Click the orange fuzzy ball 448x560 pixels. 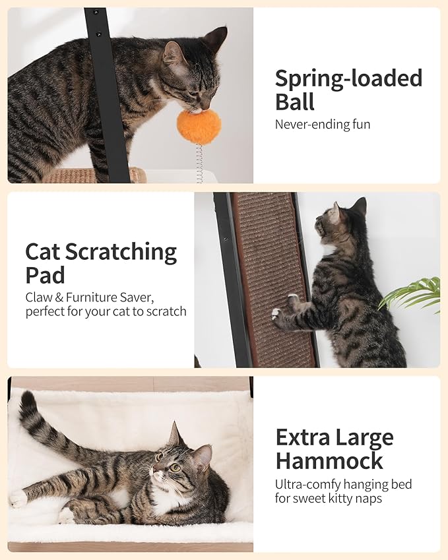[x=198, y=127]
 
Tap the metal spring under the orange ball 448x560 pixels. [x=199, y=163]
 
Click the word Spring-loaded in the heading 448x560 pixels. [x=348, y=78]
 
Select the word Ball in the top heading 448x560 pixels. [x=295, y=102]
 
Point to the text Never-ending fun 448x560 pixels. [x=323, y=124]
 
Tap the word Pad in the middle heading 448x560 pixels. [x=44, y=275]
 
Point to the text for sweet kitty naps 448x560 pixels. [x=329, y=498]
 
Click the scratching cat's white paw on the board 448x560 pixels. [x=276, y=313]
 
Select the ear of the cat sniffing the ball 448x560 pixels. [x=173, y=53]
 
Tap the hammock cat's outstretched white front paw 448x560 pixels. [x=18, y=498]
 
